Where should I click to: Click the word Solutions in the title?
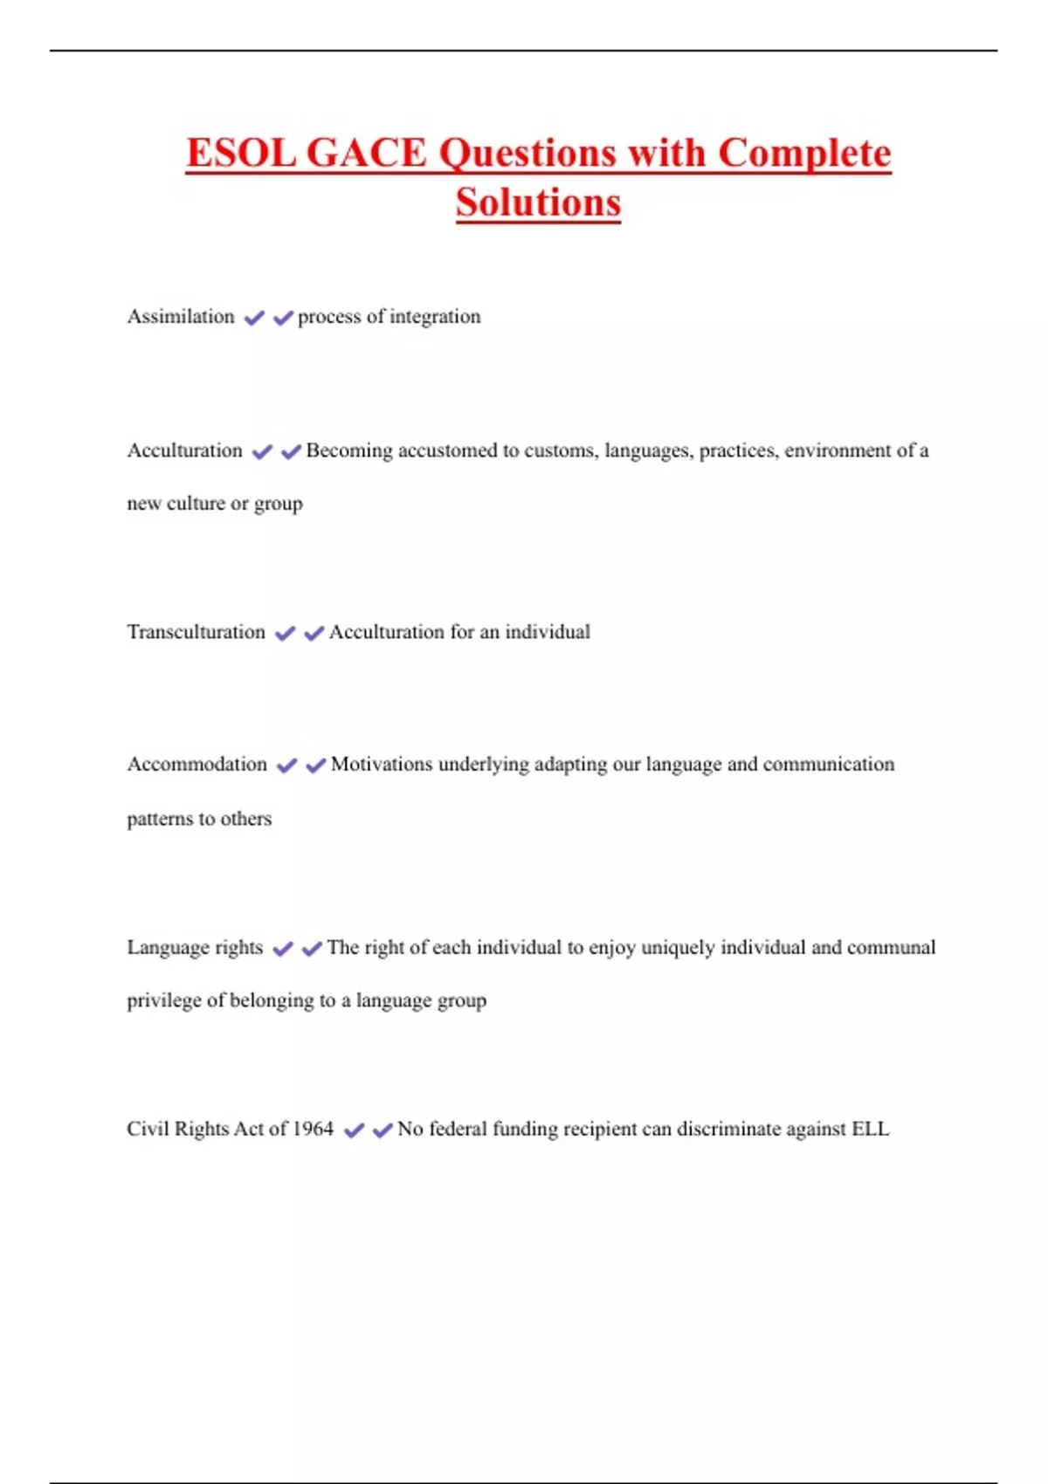tap(538, 203)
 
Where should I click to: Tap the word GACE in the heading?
tap(366, 154)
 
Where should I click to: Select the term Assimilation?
tap(181, 316)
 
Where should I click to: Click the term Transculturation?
tap(196, 632)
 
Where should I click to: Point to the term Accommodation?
tap(197, 765)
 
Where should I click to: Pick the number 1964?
tap(313, 1129)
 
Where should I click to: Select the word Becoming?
tap(349, 450)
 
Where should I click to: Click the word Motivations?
tap(382, 765)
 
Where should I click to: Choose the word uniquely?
tap(678, 948)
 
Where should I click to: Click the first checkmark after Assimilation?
tap(254, 318)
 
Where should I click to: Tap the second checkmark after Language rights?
tap(312, 949)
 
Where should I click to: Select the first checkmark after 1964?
tap(354, 1130)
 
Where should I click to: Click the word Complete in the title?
tap(804, 154)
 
